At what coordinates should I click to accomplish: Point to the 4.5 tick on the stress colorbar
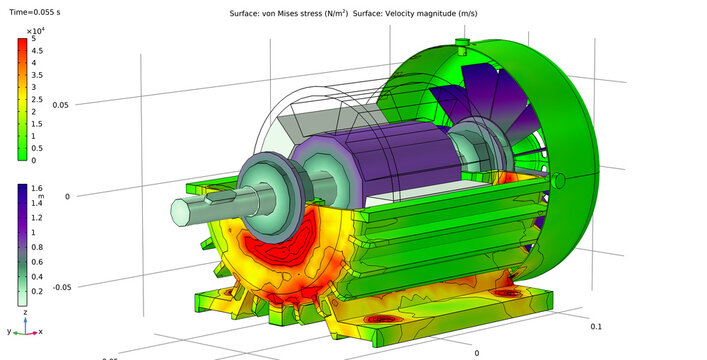(x=37, y=50)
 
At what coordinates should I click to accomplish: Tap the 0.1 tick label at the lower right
(x=596, y=327)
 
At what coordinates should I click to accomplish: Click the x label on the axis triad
(x=39, y=331)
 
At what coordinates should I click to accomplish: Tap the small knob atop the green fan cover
(x=461, y=43)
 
